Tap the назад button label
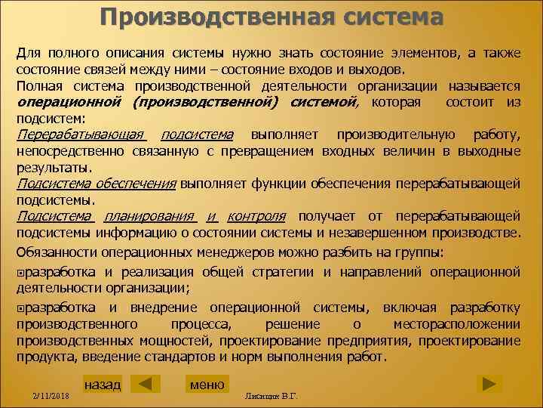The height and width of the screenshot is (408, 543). [x=102, y=385]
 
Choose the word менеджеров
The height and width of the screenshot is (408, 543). [x=233, y=251]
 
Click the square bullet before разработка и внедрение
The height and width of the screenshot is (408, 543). [x=21, y=308]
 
